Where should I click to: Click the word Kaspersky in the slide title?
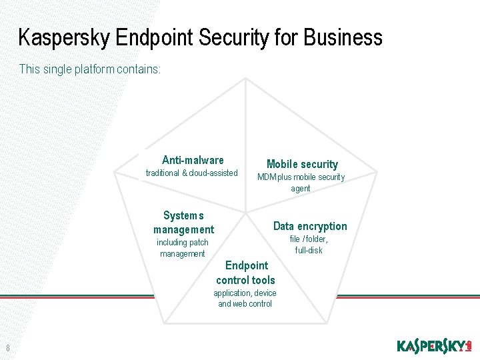coord(65,37)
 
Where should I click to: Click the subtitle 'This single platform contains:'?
coord(90,69)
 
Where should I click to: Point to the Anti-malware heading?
coord(193,160)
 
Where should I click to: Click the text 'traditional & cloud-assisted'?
coord(192,173)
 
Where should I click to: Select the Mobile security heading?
coord(302,164)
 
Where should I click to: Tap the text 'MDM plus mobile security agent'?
coord(301,183)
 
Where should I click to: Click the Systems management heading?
coord(183,223)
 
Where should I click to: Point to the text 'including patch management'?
coord(183,248)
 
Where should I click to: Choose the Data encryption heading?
coord(310,226)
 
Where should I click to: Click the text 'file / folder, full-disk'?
coord(309,245)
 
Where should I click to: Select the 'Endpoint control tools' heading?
coord(245,273)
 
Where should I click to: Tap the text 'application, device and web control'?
coord(245,299)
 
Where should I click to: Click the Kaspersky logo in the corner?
coord(434,345)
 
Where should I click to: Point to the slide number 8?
coord(7,347)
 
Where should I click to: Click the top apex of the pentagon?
coord(245,79)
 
